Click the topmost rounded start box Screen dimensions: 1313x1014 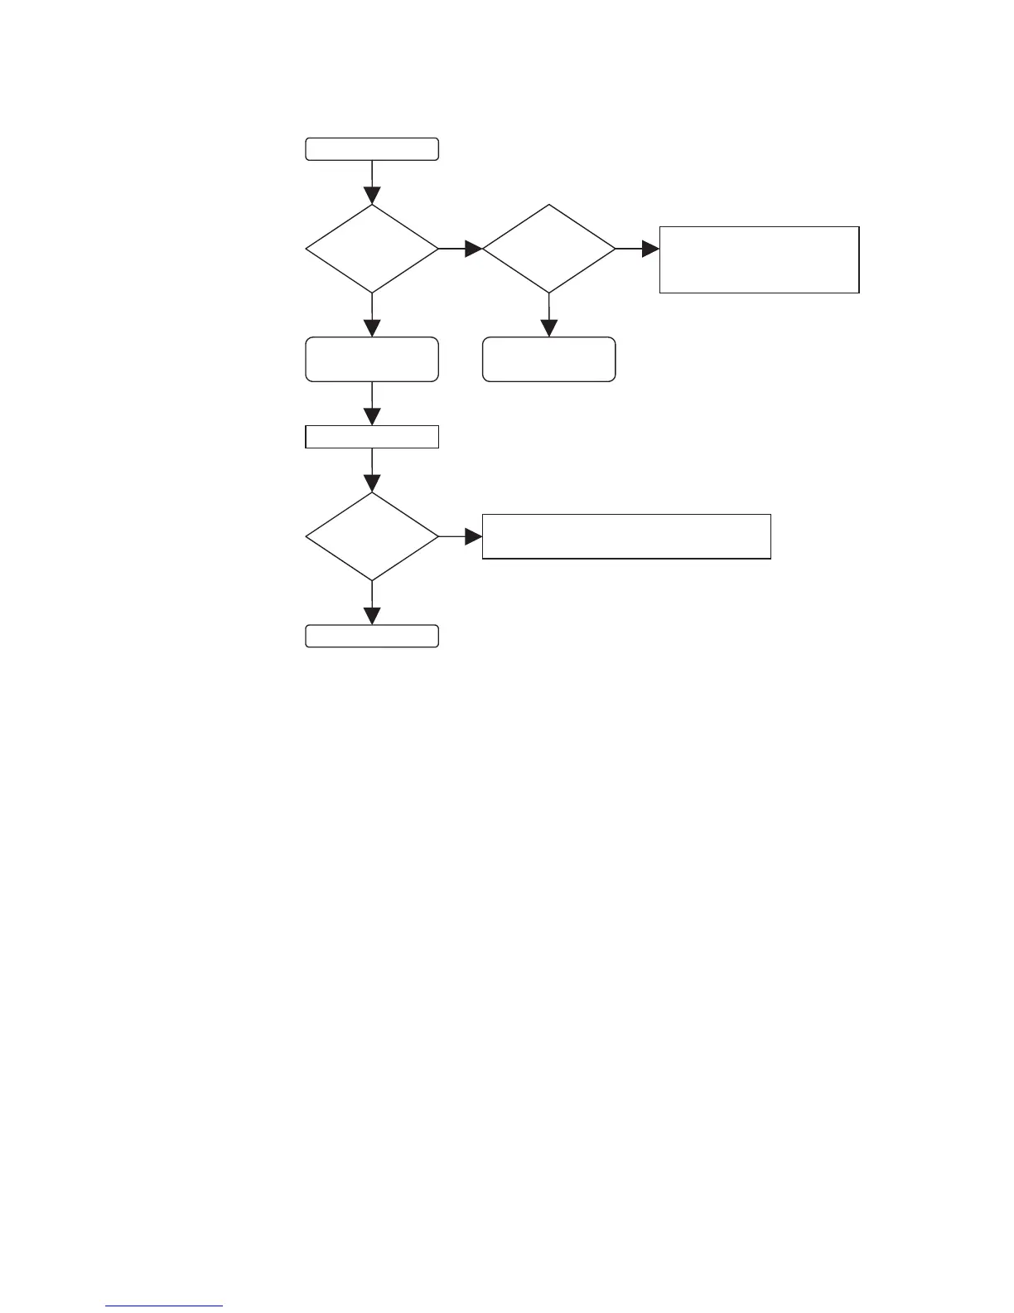click(372, 149)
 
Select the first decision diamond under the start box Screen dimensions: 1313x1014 click(372, 249)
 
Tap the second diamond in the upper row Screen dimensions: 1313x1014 click(548, 249)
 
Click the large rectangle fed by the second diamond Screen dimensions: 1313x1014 click(759, 259)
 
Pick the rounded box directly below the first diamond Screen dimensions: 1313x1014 click(372, 359)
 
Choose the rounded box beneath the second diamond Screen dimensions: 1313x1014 click(548, 359)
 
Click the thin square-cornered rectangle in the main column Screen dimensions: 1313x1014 click(372, 436)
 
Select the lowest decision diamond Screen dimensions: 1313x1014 click(372, 537)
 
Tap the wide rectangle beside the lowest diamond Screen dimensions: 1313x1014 click(626, 536)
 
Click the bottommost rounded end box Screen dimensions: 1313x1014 click(372, 636)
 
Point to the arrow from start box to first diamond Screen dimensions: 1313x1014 click(372, 182)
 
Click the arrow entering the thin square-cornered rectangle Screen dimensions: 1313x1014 click(372, 404)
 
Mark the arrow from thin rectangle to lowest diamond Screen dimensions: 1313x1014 click(372, 471)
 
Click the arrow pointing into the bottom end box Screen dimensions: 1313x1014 click(372, 603)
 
